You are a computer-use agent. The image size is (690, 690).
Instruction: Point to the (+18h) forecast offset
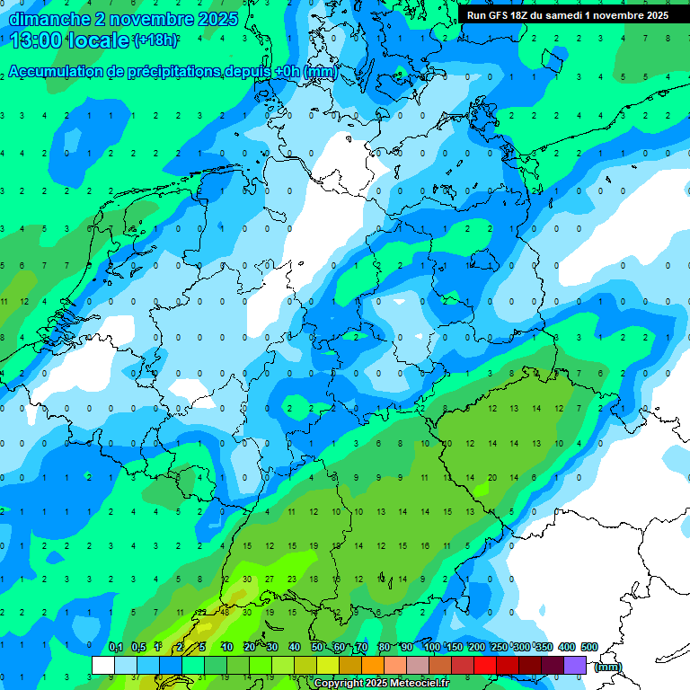(x=155, y=40)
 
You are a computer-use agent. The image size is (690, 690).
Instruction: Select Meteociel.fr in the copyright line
(x=413, y=684)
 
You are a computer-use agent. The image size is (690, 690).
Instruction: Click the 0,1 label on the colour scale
(x=115, y=647)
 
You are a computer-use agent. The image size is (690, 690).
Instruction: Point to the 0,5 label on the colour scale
(x=138, y=647)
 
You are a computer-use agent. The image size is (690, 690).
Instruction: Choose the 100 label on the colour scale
(x=431, y=647)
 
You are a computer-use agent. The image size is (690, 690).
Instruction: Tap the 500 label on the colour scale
(x=589, y=647)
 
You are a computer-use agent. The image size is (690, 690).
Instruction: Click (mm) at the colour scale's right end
(x=608, y=667)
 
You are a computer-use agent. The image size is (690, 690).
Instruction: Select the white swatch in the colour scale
(x=102, y=665)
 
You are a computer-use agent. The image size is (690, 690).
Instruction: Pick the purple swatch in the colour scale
(x=575, y=665)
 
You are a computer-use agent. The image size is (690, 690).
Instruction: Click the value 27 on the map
(x=270, y=580)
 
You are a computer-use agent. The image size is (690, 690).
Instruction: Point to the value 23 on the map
(x=292, y=580)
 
